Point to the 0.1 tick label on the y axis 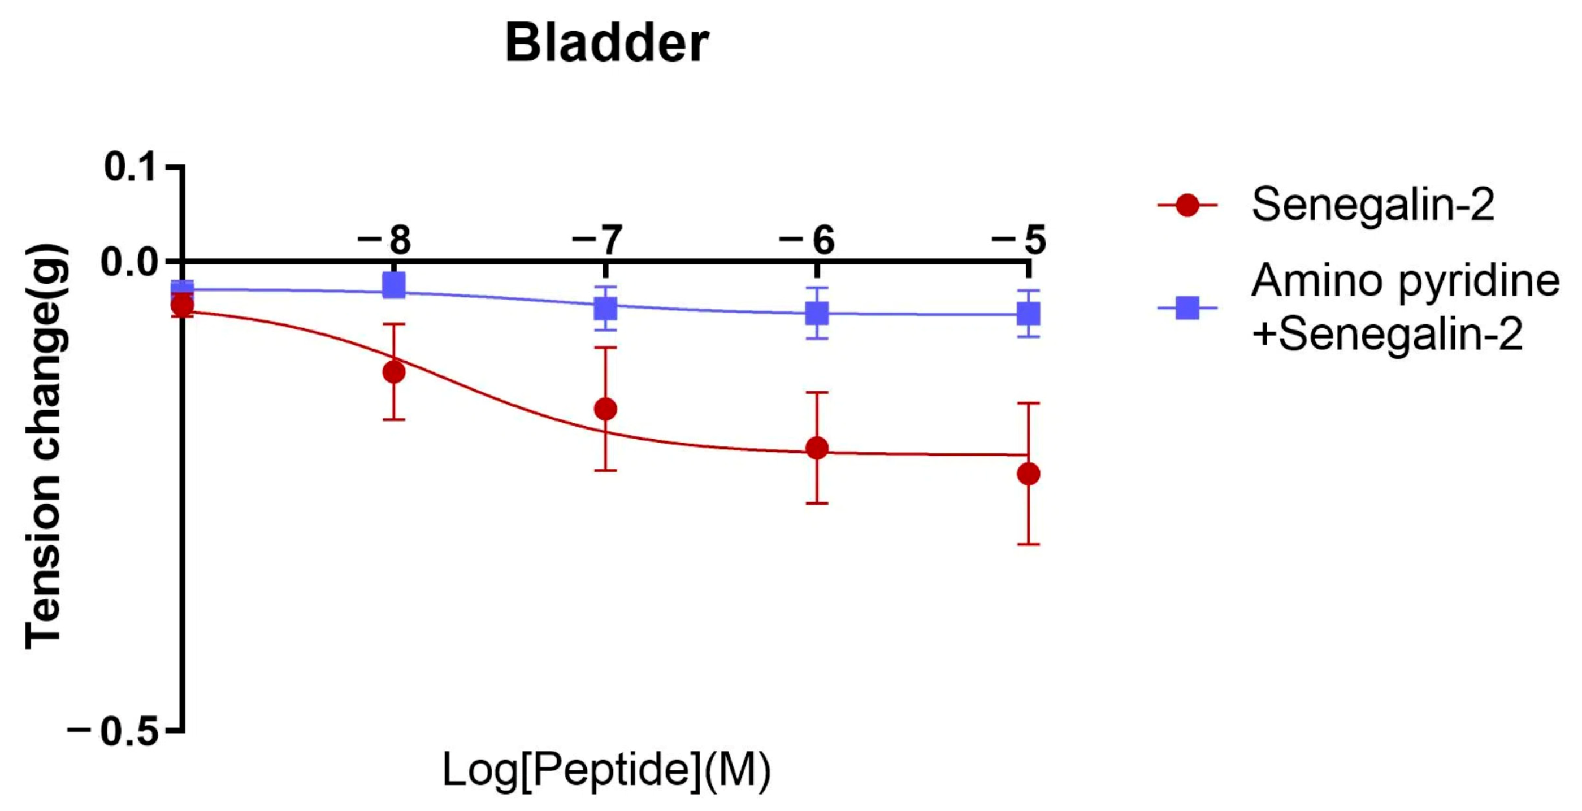(x=130, y=166)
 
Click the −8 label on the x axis (x=385, y=240)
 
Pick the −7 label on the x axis (x=597, y=240)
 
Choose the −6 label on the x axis (x=808, y=240)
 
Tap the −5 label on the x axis (x=1020, y=240)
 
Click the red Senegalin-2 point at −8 (x=393, y=371)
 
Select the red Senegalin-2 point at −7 (x=605, y=409)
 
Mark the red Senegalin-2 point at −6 (x=817, y=448)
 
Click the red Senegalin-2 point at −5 (x=1029, y=474)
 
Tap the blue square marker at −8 (x=393, y=285)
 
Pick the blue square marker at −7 (x=605, y=308)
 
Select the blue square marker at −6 (x=817, y=314)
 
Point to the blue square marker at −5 (x=1029, y=314)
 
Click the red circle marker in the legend (x=1187, y=205)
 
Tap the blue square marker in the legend (x=1187, y=307)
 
